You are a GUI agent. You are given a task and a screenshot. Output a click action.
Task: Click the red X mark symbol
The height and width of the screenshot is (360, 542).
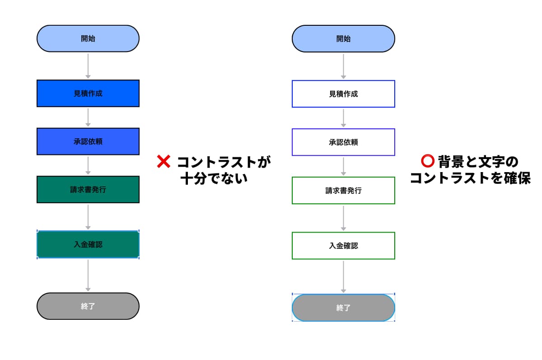(x=163, y=161)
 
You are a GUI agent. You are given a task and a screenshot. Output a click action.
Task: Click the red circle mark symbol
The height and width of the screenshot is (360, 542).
(x=427, y=161)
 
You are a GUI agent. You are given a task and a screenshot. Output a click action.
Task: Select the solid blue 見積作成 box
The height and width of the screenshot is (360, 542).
(x=88, y=94)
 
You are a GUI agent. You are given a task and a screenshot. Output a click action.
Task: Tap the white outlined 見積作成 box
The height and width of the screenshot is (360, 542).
(x=343, y=94)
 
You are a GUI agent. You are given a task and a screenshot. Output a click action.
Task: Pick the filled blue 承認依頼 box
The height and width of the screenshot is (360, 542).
(x=88, y=141)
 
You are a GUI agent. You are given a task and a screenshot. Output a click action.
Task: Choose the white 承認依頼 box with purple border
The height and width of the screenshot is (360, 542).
(x=343, y=142)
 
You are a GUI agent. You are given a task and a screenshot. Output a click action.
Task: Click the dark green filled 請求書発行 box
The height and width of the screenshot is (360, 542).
(x=88, y=190)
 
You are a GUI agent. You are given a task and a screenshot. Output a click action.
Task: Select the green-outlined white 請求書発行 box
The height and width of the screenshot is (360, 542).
(x=343, y=191)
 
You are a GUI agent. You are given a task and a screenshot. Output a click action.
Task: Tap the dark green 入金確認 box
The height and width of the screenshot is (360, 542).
(x=88, y=244)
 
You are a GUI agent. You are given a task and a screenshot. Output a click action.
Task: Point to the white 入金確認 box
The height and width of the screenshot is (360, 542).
(x=343, y=246)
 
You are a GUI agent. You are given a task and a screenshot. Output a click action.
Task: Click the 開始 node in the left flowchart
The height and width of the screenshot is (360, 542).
(x=88, y=39)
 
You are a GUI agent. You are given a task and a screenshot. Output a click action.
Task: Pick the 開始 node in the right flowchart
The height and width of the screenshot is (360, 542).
(x=343, y=39)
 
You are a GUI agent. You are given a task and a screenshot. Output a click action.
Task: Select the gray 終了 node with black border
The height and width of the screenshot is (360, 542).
(x=88, y=306)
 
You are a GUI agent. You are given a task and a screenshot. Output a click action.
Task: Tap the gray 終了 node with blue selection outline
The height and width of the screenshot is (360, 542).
(x=343, y=308)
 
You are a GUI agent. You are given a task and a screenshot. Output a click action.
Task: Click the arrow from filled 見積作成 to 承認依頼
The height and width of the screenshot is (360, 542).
(x=88, y=117)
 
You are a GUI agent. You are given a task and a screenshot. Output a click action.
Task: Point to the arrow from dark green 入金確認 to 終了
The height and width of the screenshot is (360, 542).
(x=88, y=276)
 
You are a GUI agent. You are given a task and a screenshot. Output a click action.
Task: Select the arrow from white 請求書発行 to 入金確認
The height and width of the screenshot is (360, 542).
(x=343, y=218)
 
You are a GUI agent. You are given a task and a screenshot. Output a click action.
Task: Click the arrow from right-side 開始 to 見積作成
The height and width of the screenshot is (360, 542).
(x=343, y=66)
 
